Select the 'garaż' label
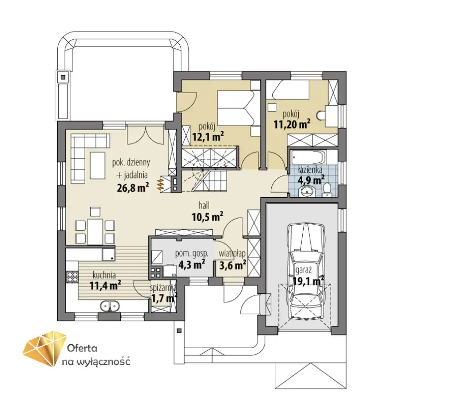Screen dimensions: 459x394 pyautogui.click(x=303, y=270)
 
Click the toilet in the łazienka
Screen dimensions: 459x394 pyautogui.click(x=327, y=190)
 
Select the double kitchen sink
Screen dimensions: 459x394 pyautogui.click(x=110, y=306)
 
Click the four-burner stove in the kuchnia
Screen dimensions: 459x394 pyautogui.click(x=72, y=277)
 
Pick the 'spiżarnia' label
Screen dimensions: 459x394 pyautogui.click(x=163, y=288)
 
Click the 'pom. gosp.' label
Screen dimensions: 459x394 pyautogui.click(x=192, y=254)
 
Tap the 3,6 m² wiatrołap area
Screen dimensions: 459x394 pyautogui.click(x=232, y=265)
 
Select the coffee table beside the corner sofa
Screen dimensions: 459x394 pyautogui.click(x=97, y=165)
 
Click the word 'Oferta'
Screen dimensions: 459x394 pyautogui.click(x=82, y=348)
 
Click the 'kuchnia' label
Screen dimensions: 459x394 pyautogui.click(x=104, y=275)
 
